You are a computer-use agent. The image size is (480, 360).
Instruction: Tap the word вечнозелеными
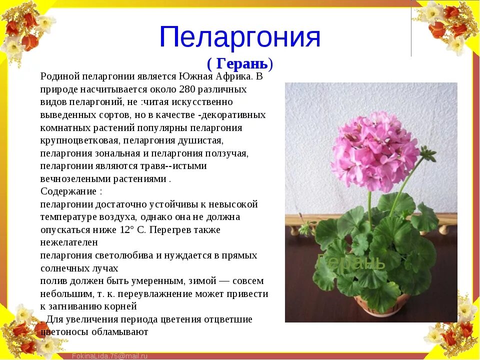(x=73, y=178)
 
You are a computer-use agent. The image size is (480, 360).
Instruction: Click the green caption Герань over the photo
(x=351, y=261)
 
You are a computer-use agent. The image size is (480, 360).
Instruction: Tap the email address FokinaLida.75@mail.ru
(x=109, y=355)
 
